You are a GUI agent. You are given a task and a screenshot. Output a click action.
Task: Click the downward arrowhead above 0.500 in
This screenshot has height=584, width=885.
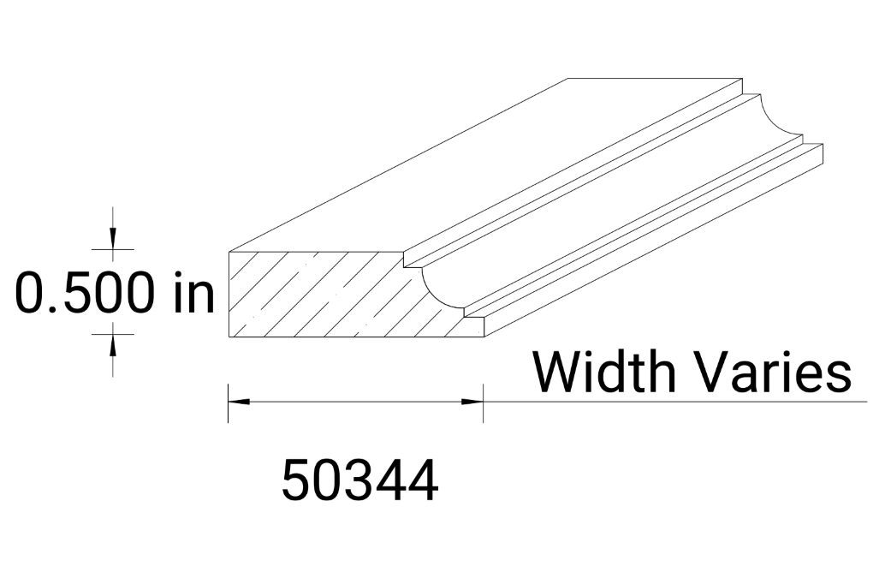click(113, 240)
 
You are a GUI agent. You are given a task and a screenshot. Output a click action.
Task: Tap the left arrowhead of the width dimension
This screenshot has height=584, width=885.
click(239, 401)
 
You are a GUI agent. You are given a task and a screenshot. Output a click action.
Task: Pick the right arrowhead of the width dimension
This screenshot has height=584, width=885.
click(472, 401)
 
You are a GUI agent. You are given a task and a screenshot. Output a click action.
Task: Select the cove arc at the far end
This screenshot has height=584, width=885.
click(781, 120)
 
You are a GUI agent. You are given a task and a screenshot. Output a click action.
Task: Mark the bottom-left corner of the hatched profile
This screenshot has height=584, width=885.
click(229, 338)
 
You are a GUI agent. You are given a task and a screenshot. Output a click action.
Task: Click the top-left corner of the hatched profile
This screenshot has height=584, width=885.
click(229, 251)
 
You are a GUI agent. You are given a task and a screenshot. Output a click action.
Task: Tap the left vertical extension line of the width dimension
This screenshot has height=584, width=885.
click(228, 402)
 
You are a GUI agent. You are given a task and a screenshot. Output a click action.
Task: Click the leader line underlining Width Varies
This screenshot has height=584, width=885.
click(668, 401)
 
